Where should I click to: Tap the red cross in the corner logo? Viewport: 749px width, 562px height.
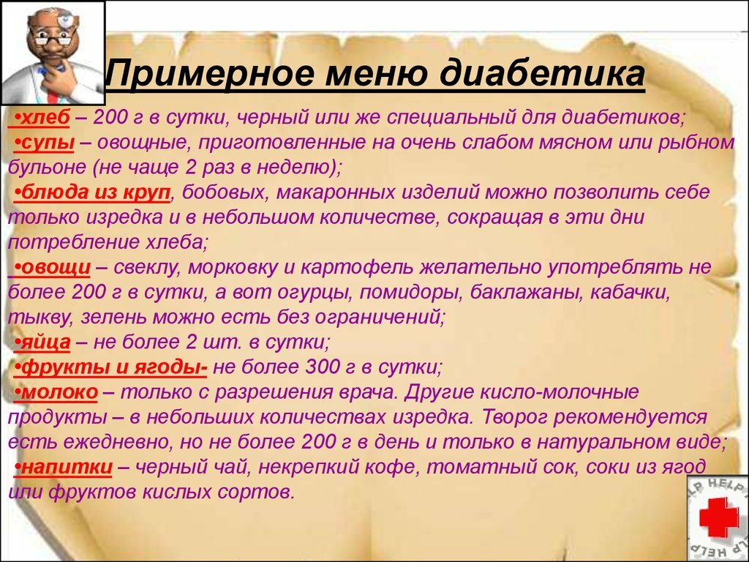(x=718, y=517)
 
